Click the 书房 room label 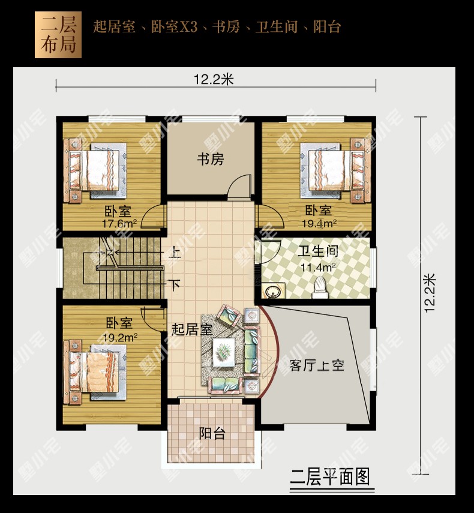211,160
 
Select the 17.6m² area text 119,224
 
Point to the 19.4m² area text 319,223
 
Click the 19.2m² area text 120,337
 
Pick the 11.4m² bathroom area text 318,267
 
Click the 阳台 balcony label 212,433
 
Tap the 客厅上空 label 317,365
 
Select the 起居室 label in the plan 192,329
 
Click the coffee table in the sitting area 224,352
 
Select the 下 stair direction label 175,285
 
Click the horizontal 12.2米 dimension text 214,80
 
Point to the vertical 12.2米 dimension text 430,293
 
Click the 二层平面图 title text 331,476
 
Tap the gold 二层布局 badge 58,35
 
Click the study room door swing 240,187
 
